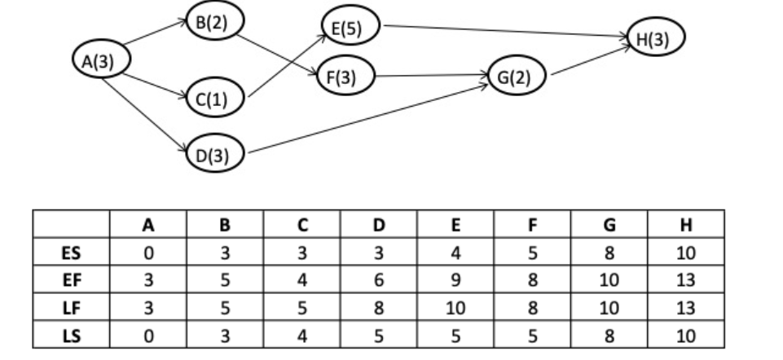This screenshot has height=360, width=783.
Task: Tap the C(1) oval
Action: [213, 99]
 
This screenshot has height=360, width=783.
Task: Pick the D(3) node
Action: [213, 153]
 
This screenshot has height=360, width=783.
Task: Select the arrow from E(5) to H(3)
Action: [505, 31]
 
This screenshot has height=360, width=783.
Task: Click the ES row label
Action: [71, 253]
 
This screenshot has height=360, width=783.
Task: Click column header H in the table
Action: [687, 225]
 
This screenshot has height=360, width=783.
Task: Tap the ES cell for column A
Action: [147, 253]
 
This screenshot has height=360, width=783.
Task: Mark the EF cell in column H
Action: [687, 281]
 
